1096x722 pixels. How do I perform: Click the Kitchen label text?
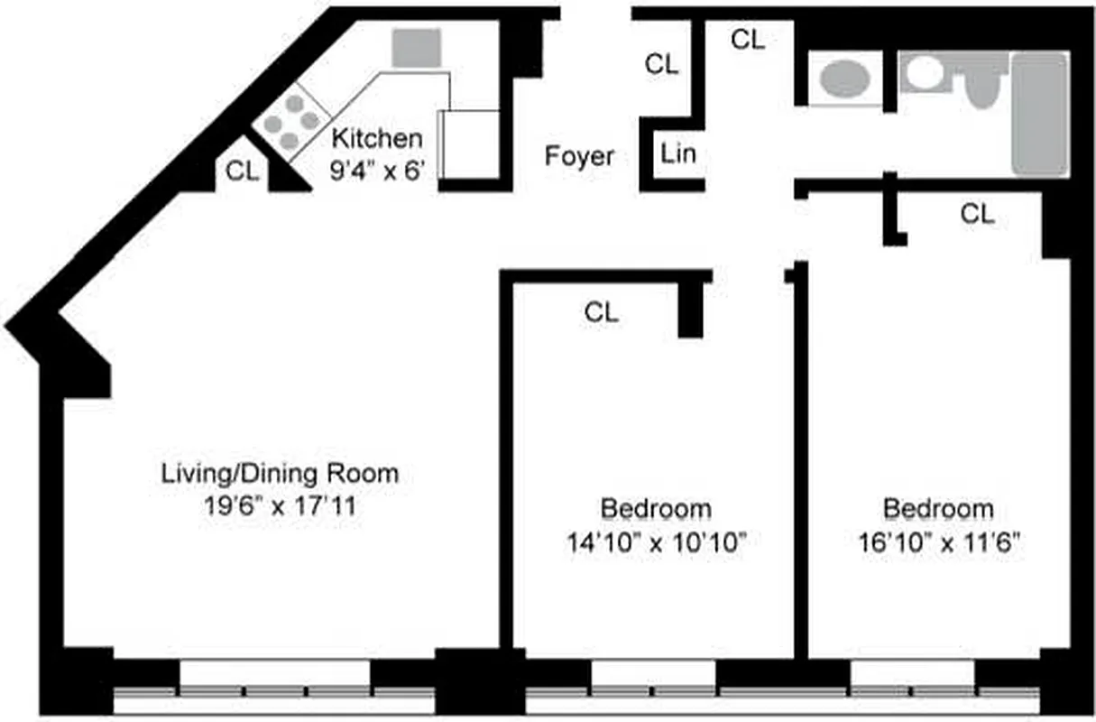(x=377, y=139)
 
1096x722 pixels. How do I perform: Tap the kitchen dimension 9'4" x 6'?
(x=377, y=170)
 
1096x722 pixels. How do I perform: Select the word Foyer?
(x=579, y=156)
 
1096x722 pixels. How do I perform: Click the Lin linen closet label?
(x=678, y=153)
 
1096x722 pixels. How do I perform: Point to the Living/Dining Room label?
(x=280, y=473)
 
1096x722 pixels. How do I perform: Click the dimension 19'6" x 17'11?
(x=280, y=505)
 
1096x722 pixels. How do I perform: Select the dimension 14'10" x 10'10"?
(x=656, y=541)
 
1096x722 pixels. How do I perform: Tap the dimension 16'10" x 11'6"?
(x=938, y=541)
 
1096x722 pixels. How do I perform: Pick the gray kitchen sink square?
(x=417, y=47)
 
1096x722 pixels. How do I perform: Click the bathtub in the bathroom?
(x=1039, y=114)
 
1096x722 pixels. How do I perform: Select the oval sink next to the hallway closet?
(x=843, y=79)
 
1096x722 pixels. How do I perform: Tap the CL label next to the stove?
(x=242, y=171)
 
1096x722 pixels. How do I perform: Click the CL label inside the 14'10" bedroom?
(x=602, y=312)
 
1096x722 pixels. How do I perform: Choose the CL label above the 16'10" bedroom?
(x=978, y=214)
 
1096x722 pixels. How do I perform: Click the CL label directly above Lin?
(x=661, y=64)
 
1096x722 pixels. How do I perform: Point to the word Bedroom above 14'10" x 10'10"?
(x=656, y=509)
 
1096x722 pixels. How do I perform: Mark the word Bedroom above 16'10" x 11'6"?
(x=938, y=509)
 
